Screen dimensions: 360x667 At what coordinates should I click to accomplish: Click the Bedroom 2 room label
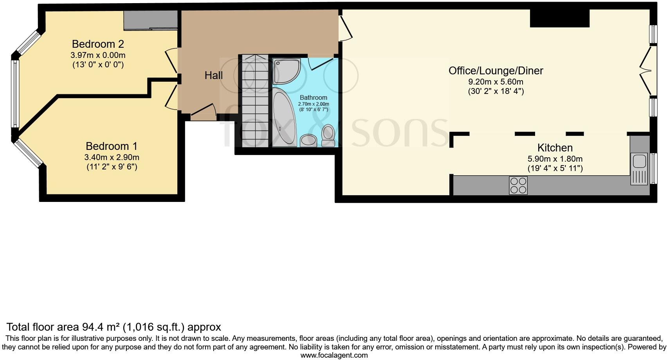[98, 44]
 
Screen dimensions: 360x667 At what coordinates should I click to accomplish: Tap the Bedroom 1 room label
[112, 146]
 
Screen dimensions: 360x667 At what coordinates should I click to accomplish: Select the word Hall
[214, 75]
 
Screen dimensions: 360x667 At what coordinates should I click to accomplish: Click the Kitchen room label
[555, 148]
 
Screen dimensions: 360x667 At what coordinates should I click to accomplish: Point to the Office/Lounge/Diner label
[496, 71]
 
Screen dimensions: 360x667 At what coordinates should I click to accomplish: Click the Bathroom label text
[313, 97]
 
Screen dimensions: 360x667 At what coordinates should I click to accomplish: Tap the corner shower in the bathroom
[286, 71]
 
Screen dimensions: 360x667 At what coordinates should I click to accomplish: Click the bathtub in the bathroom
[285, 117]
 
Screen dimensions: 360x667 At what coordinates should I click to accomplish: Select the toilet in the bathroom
[328, 133]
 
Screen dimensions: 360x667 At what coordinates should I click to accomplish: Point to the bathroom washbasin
[308, 140]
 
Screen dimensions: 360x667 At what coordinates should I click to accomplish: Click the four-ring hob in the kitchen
[518, 185]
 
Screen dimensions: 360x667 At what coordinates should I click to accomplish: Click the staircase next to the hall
[255, 101]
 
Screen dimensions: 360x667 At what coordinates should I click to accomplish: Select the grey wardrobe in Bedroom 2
[151, 20]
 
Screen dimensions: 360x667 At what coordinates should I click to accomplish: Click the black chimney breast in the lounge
[559, 18]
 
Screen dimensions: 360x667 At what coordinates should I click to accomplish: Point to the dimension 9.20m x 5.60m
[496, 82]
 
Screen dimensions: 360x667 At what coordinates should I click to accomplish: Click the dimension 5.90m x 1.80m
[555, 159]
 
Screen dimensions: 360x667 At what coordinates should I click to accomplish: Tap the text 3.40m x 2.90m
[112, 157]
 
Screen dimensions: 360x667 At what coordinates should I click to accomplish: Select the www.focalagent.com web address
[334, 355]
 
